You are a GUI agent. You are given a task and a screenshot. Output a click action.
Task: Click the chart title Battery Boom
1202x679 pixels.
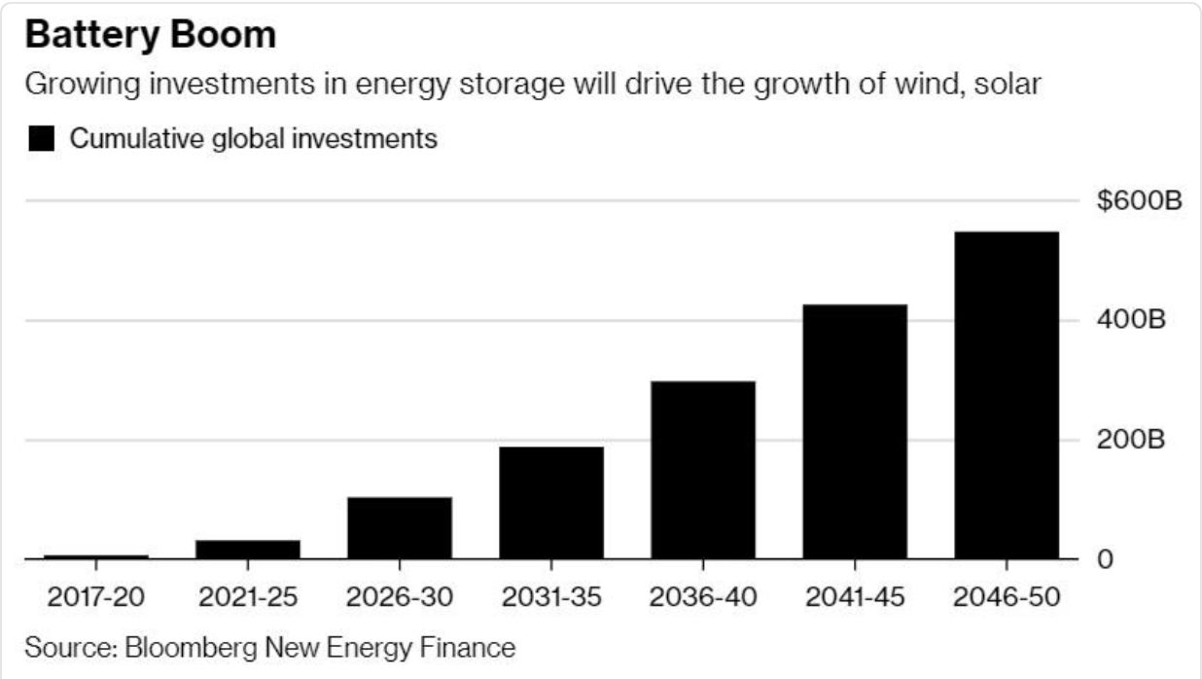click(150, 35)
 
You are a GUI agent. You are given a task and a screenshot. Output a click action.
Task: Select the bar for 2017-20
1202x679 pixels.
click(96, 556)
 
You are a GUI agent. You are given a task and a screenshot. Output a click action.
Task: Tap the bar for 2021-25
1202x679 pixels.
click(248, 550)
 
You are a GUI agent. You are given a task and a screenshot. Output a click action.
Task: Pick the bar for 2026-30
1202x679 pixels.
click(400, 528)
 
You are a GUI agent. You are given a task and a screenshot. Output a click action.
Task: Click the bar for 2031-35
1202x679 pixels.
click(551, 503)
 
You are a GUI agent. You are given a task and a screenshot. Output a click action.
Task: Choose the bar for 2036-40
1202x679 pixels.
click(703, 470)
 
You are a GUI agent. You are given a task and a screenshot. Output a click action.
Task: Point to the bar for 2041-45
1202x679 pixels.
click(855, 432)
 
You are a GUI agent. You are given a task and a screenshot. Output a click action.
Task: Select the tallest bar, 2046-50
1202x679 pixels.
click(1007, 395)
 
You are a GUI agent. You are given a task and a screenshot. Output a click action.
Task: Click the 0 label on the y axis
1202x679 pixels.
click(1105, 560)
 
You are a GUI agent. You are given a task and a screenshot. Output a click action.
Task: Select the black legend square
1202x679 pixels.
click(41, 140)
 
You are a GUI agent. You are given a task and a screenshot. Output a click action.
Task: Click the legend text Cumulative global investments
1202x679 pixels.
click(253, 139)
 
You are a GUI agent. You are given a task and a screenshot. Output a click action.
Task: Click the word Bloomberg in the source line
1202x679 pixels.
click(184, 647)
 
